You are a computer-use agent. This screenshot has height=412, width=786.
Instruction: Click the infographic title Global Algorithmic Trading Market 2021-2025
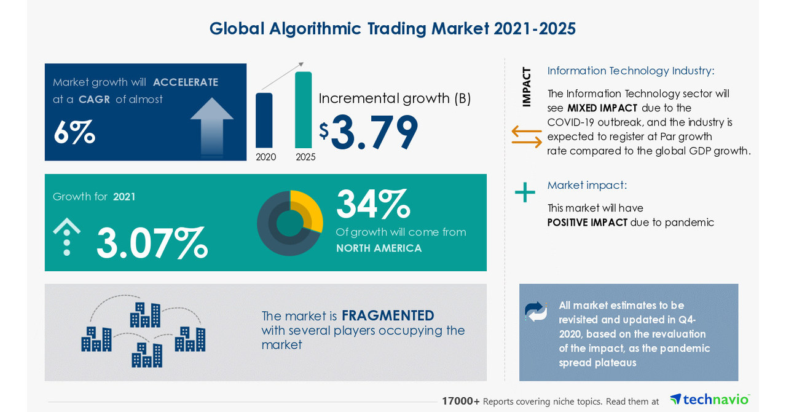[392, 29]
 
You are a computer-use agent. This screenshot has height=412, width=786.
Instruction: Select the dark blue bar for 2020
[264, 121]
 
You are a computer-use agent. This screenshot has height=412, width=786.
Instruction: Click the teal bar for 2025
[303, 111]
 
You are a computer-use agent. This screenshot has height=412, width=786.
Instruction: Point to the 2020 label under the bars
[265, 157]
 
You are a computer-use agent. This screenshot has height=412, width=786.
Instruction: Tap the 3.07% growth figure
[152, 244]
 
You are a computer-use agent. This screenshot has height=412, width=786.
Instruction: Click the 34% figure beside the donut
[372, 205]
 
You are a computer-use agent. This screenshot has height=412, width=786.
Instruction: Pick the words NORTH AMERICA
[379, 248]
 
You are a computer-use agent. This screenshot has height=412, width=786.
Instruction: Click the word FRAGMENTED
[388, 315]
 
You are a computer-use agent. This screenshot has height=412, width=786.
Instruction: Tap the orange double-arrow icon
[527, 137]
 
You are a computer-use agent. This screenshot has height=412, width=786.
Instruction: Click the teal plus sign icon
[525, 192]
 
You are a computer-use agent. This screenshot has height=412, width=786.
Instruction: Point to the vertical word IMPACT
[526, 87]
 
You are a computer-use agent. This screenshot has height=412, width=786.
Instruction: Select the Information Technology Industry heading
[631, 71]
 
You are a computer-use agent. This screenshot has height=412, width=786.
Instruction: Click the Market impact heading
[587, 185]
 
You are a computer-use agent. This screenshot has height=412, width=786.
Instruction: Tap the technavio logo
[710, 399]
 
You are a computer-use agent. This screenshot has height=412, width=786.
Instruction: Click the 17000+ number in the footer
[460, 401]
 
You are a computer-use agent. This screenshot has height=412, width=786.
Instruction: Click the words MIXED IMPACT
[602, 108]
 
